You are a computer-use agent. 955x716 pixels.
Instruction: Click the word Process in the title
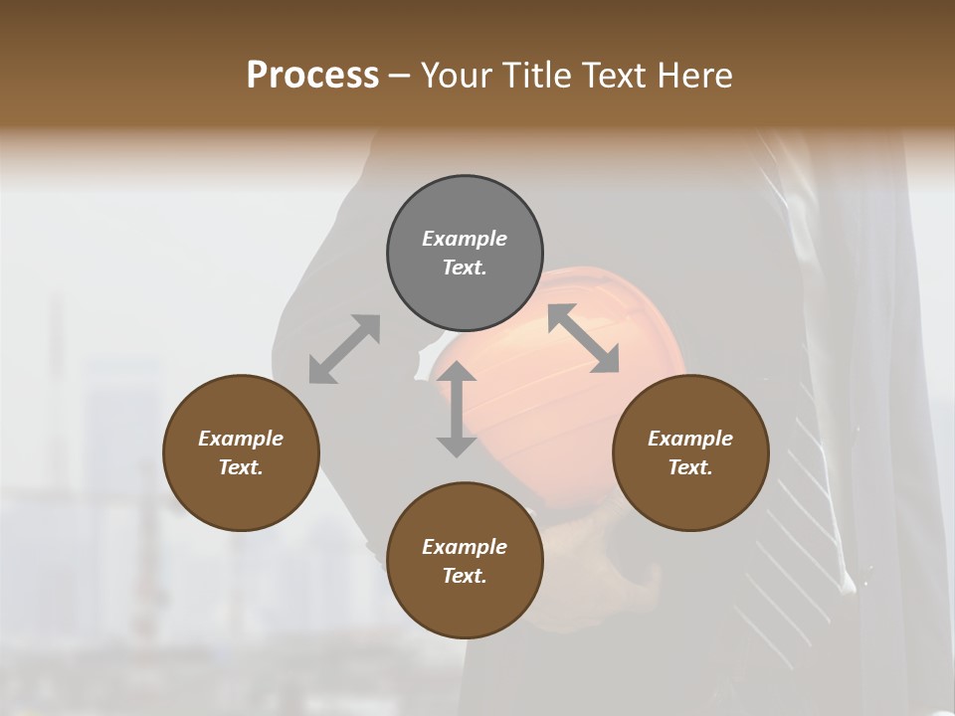click(x=312, y=76)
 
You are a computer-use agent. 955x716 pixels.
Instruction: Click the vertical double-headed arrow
click(x=457, y=409)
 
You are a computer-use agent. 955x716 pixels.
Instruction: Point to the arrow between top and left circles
click(x=344, y=349)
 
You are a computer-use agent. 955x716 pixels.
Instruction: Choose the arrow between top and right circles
click(x=583, y=338)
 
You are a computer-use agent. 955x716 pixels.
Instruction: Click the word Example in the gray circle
click(x=465, y=239)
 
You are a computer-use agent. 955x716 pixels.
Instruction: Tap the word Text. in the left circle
click(x=241, y=467)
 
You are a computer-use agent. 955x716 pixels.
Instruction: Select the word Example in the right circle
click(x=690, y=439)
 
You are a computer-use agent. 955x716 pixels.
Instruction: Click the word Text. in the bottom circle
click(x=465, y=576)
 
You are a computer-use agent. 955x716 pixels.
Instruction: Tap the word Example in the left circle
click(x=241, y=439)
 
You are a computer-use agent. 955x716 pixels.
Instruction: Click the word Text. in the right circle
click(x=690, y=467)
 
